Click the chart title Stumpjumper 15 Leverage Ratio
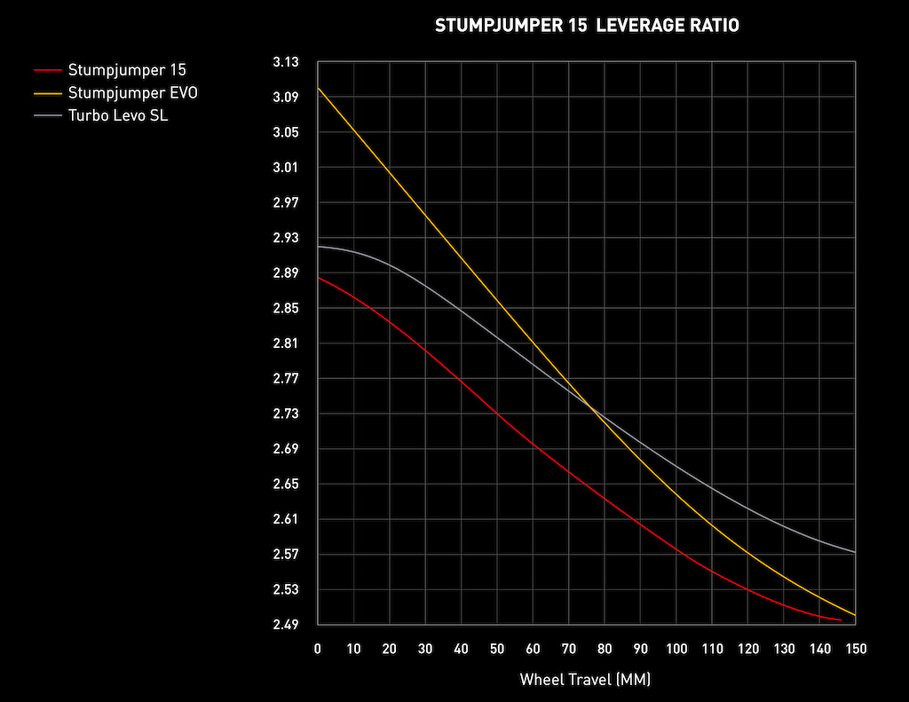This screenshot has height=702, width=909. (587, 26)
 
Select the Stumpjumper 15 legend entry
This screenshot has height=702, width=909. (127, 69)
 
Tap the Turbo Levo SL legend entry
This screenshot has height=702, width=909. (118, 115)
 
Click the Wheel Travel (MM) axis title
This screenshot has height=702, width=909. (586, 680)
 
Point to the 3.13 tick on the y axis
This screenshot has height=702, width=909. (288, 62)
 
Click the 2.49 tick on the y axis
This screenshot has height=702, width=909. (288, 625)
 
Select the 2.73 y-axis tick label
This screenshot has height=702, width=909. (288, 414)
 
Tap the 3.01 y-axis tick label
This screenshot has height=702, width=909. (288, 168)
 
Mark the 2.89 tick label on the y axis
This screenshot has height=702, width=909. (288, 273)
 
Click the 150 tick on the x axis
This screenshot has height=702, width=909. (855, 649)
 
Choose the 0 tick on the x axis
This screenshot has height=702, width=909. (318, 649)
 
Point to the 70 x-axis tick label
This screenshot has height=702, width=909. (569, 649)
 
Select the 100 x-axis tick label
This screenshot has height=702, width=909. (676, 649)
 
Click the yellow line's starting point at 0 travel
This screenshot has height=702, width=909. (319, 89)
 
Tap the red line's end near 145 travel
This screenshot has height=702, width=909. (838, 619)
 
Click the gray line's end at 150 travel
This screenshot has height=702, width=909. (855, 552)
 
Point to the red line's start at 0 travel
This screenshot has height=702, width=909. (319, 278)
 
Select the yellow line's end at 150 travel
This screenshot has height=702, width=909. (855, 615)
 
